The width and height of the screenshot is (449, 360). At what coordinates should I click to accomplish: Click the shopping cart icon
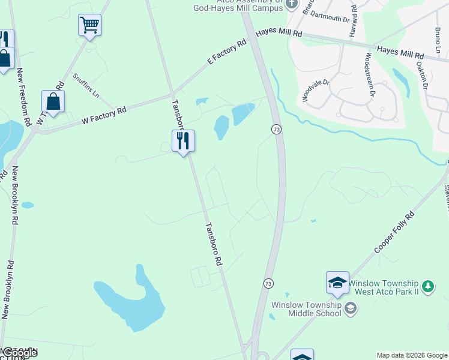[89, 25]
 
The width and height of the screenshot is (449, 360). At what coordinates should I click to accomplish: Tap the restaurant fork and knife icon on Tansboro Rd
[183, 141]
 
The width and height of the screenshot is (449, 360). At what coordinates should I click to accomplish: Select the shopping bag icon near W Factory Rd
[53, 102]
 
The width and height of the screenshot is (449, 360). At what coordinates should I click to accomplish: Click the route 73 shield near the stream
[276, 130]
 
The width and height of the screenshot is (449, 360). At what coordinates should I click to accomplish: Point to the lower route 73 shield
[268, 283]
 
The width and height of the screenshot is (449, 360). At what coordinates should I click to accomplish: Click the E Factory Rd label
[227, 52]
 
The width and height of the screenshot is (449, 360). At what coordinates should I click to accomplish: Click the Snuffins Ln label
[85, 86]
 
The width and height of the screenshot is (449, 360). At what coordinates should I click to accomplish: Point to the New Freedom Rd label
[23, 96]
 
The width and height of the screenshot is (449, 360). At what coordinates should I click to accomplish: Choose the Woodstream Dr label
[369, 76]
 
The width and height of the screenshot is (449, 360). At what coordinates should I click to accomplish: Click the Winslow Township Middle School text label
[306, 308]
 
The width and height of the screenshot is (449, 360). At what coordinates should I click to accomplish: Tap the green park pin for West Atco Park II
[427, 286]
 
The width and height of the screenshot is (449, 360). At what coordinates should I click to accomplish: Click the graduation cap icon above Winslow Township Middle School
[337, 283]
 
